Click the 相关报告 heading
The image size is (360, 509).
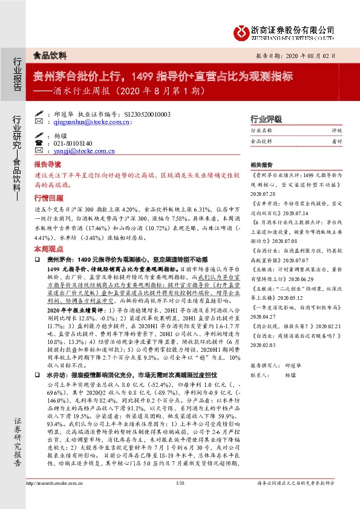(261, 164)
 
